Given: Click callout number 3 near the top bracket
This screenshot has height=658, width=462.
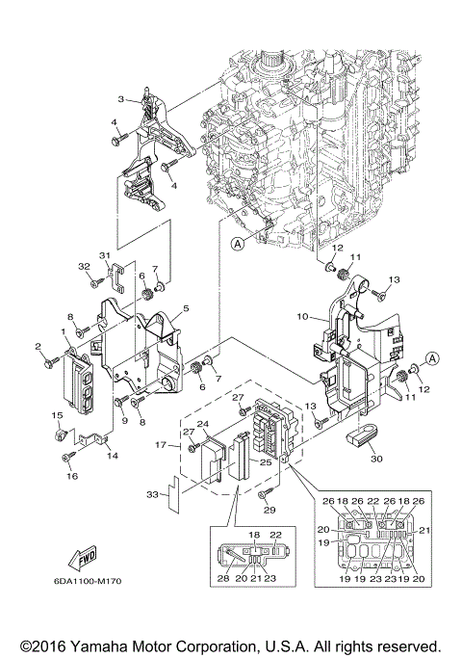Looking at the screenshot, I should tap(121, 99).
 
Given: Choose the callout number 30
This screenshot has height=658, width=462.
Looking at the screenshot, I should tap(375, 460).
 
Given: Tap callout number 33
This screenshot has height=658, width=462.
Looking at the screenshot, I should tap(151, 495).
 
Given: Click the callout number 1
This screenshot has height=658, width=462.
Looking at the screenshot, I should tap(64, 331).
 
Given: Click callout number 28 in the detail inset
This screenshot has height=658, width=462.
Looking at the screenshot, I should tap(223, 577).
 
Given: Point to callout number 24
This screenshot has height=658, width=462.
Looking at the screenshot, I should tap(202, 424).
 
